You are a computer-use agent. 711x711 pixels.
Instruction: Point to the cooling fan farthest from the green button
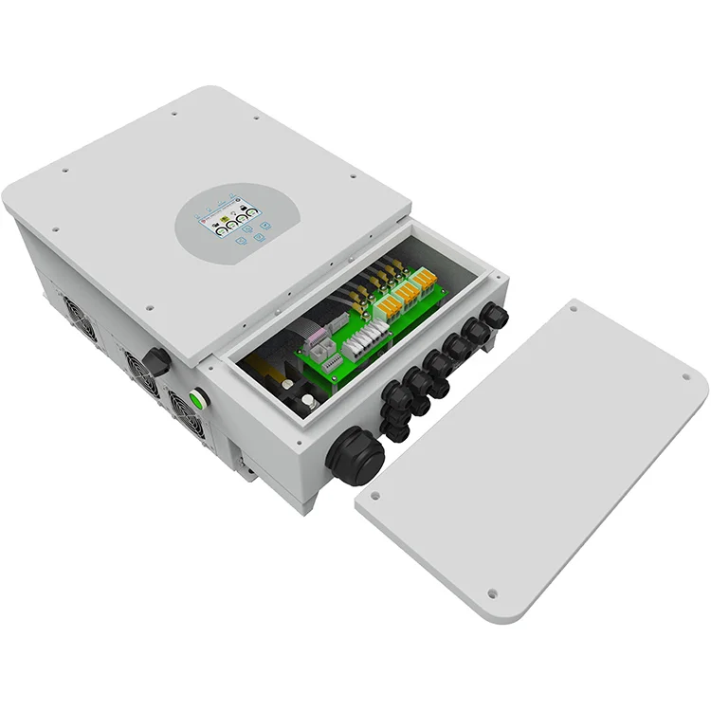[78, 315]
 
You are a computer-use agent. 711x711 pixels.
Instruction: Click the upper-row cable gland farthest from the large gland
[494, 316]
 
